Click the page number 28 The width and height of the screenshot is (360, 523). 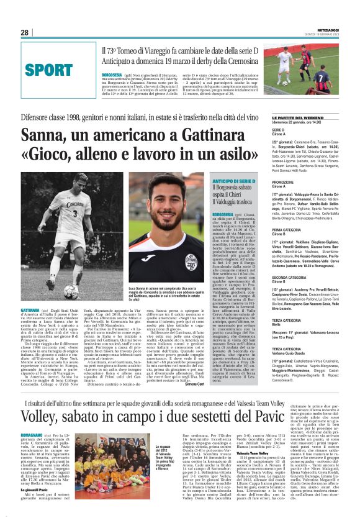tap(24, 32)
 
